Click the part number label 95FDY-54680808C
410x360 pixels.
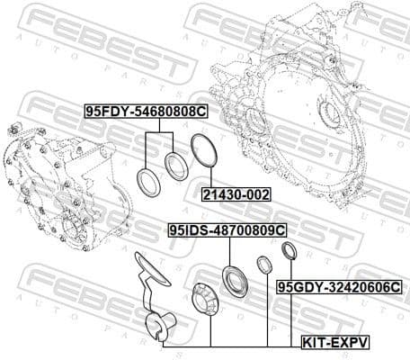tap(145, 112)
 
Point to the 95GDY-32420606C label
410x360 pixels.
tap(339, 287)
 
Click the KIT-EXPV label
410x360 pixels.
tap(334, 343)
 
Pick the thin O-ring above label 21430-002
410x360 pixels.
tap(204, 149)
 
